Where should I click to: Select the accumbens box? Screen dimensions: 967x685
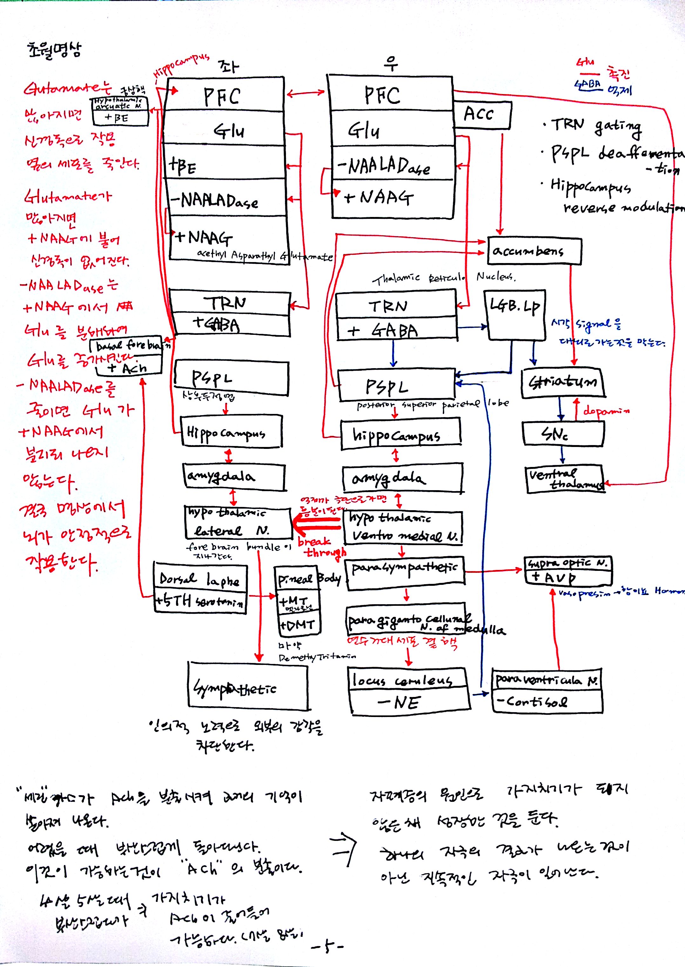pyautogui.click(x=534, y=251)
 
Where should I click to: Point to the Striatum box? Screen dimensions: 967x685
pyautogui.click(x=563, y=382)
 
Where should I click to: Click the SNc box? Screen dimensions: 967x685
pyautogui.click(x=563, y=434)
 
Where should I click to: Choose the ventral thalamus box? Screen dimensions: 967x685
pyautogui.click(x=565, y=479)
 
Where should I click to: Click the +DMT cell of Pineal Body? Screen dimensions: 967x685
pyautogui.click(x=298, y=625)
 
